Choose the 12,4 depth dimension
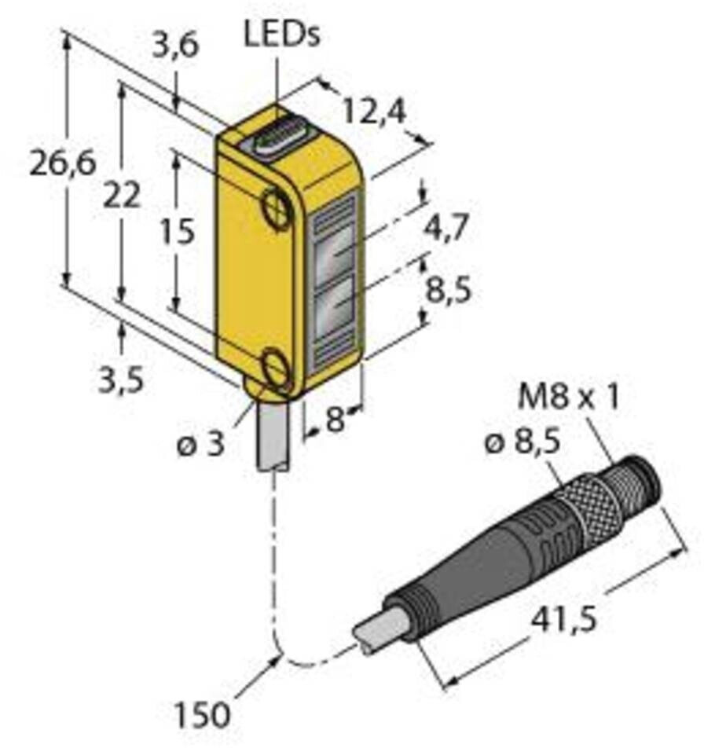367,114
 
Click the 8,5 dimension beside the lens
445,291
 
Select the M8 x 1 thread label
568,398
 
